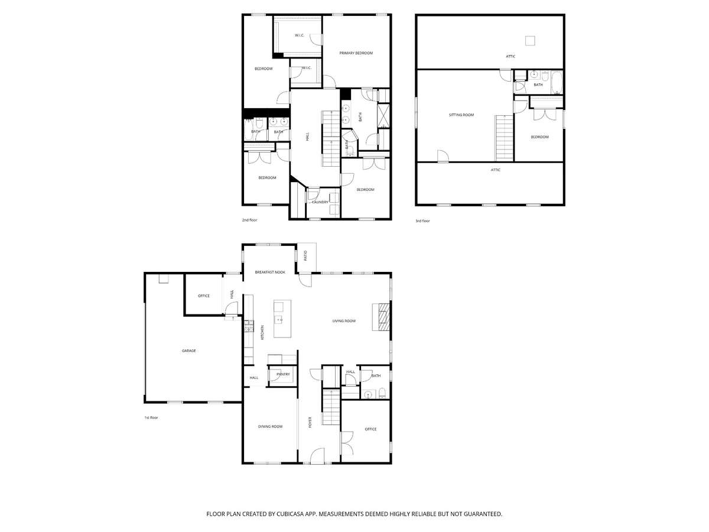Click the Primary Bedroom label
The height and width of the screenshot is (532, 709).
(356, 53)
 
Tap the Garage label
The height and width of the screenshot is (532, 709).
(188, 351)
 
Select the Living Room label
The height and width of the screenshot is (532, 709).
(344, 321)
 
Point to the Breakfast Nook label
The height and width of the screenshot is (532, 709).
(269, 273)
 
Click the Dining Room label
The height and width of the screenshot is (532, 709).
(270, 426)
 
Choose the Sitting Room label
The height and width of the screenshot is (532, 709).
(461, 115)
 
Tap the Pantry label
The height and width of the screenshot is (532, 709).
(283, 374)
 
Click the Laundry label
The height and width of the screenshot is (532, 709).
(320, 202)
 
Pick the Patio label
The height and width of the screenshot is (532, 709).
(306, 255)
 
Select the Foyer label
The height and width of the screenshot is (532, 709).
(310, 422)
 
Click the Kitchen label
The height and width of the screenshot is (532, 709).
(262, 332)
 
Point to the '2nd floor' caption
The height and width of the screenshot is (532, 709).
(249, 220)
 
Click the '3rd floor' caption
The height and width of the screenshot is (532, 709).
(422, 221)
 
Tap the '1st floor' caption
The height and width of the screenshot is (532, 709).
(151, 418)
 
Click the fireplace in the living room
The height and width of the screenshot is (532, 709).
(381, 317)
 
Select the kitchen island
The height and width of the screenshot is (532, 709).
(282, 319)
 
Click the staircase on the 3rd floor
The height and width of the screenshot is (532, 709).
(504, 138)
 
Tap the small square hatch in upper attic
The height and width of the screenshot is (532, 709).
(530, 41)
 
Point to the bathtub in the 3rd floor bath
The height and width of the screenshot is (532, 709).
(557, 82)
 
